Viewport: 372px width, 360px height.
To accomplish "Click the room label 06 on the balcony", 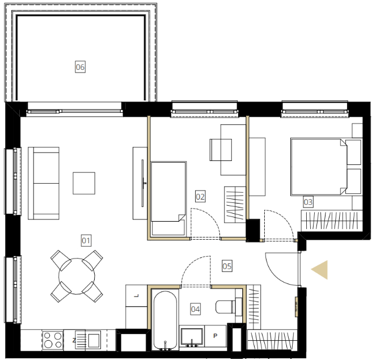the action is pyautogui.click(x=80, y=67).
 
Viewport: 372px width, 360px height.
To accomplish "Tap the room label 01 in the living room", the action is pyautogui.click(x=86, y=240).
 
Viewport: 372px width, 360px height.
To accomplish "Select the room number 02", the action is pyautogui.click(x=200, y=196).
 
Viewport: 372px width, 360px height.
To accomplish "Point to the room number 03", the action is pyautogui.click(x=308, y=202).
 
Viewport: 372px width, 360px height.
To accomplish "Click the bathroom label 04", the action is pyautogui.click(x=196, y=309).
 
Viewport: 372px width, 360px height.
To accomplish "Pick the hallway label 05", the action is pyautogui.click(x=227, y=266).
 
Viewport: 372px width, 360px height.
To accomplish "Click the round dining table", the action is pyautogui.click(x=77, y=276).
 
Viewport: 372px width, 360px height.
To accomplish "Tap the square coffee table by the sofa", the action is pyautogui.click(x=84, y=183).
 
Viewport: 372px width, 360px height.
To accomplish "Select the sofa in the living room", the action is pyautogui.click(x=44, y=183).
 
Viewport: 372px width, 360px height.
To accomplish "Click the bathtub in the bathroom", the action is pyautogui.click(x=165, y=319).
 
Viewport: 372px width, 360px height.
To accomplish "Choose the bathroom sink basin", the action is pyautogui.click(x=192, y=336).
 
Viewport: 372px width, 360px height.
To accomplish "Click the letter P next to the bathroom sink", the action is pyautogui.click(x=215, y=336).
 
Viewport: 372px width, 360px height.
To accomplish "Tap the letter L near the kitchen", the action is pyautogui.click(x=137, y=296).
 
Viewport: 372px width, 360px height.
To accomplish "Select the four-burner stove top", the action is pyautogui.click(x=53, y=340).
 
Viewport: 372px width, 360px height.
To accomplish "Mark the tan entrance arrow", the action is pyautogui.click(x=320, y=270).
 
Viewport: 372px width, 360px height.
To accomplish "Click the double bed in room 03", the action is pyautogui.click(x=319, y=167).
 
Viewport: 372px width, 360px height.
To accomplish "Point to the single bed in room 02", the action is pyautogui.click(x=168, y=199).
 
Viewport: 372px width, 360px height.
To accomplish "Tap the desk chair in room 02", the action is pyautogui.click(x=221, y=150).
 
